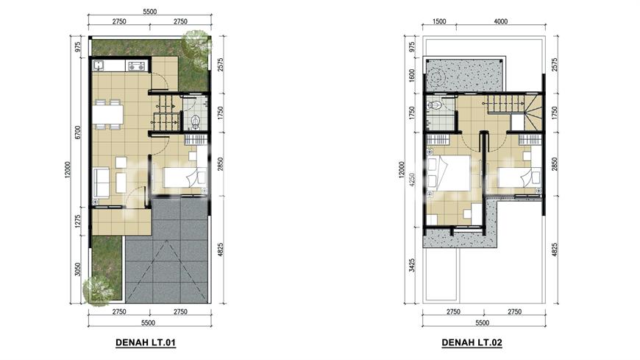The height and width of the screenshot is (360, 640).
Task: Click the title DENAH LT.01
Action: tap(146, 342)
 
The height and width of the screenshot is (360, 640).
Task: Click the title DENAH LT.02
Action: tap(472, 342)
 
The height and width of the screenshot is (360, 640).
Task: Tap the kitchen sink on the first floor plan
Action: tap(99, 66)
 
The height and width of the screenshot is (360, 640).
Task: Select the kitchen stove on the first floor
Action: tap(136, 66)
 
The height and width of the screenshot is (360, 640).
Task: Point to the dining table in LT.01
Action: tap(107, 115)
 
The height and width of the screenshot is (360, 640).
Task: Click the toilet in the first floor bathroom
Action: tap(196, 121)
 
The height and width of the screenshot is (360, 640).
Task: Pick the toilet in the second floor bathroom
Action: tap(435, 105)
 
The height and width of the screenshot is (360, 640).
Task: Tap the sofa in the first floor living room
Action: tap(101, 183)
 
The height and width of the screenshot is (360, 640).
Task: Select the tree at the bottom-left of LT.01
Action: tap(99, 290)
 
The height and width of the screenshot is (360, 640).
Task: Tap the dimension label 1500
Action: tap(439, 21)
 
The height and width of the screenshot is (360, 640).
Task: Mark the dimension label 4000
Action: tap(501, 21)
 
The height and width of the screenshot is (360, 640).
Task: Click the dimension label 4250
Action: tap(412, 180)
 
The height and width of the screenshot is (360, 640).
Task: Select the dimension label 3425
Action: tap(412, 266)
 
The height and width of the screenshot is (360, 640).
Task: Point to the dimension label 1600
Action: tap(412, 76)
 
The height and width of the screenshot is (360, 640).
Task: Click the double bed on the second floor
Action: tap(448, 173)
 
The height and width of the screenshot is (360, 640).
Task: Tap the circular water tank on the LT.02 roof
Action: tap(437, 75)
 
